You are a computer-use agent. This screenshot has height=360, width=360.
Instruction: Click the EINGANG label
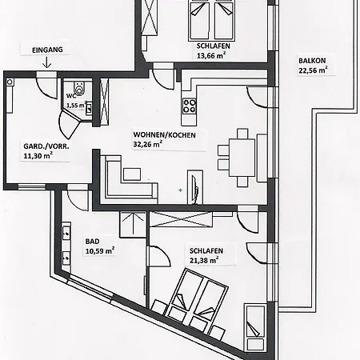pos(47,50)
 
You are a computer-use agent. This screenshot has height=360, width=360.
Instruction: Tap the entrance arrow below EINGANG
pos(47,62)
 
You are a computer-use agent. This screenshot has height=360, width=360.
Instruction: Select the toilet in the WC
pos(78,87)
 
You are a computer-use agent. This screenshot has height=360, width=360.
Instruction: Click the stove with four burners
pos(190,106)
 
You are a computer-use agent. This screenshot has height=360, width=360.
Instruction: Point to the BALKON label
pos(312,61)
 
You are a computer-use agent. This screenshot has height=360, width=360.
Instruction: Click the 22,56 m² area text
pos(313,70)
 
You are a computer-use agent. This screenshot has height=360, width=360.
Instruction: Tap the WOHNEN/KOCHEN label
pos(165,135)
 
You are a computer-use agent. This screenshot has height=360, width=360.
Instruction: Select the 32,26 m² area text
pos(148,144)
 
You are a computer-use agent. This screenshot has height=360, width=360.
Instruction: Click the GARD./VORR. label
pos(46,146)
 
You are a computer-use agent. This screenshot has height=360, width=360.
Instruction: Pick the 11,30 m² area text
pos(38,155)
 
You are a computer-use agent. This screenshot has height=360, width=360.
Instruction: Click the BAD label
pos(92,242)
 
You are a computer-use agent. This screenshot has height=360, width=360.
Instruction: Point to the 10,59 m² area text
pos(100,250)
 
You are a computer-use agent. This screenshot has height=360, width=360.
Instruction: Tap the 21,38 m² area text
pos(204,260)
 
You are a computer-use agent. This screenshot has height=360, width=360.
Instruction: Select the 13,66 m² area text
pos(211,55)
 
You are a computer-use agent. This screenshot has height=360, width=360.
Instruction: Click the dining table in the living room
pos(242,158)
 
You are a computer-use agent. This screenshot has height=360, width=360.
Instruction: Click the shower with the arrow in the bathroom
pos(133,224)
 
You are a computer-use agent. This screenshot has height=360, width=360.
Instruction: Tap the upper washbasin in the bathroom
pos(66,233)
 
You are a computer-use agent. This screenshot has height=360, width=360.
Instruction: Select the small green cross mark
pos(181,190)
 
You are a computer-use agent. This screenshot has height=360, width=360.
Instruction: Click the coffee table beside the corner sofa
pos(132,174)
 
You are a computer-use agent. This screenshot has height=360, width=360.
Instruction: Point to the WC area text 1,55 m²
pos(76,105)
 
